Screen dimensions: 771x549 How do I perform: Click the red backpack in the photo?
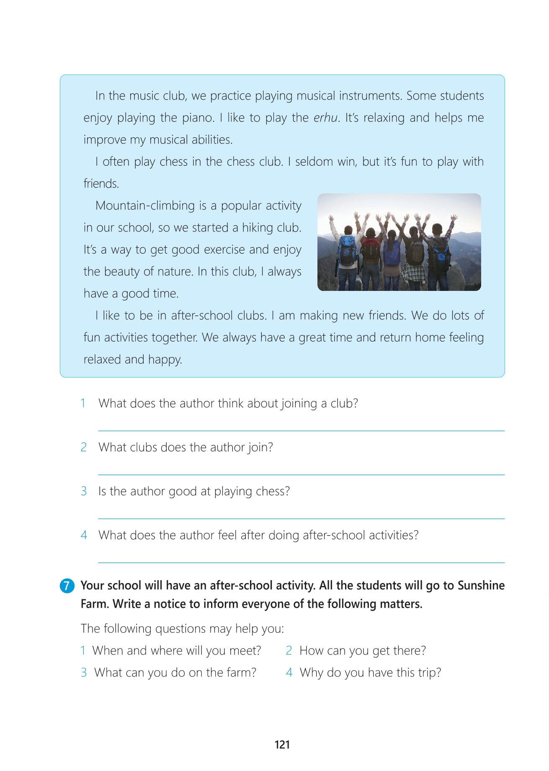coord(371,249)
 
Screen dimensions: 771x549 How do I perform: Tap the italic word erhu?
coord(325,118)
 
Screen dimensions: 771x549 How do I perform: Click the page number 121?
coord(282,745)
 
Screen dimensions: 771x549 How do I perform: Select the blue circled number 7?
coord(67,586)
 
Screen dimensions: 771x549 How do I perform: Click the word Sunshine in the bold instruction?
coord(481,585)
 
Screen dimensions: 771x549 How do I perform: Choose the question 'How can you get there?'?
coord(363,650)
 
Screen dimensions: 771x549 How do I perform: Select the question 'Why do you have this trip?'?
coord(370,673)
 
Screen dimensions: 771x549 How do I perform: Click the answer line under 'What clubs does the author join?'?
coord(301,475)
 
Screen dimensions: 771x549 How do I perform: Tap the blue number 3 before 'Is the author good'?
coord(84,491)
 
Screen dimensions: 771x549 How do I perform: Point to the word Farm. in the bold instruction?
coord(95,604)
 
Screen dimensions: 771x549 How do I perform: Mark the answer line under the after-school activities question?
coord(301,563)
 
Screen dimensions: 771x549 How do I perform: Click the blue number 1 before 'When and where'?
coord(83,650)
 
